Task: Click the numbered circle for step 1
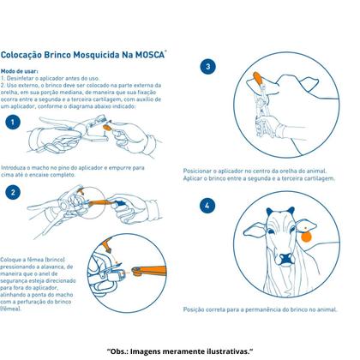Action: click(13, 123)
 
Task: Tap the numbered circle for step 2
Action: click(13, 192)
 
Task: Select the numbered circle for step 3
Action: click(207, 67)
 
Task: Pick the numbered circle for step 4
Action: click(207, 205)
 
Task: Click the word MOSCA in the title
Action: click(150, 55)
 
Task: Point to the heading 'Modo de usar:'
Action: click(19, 71)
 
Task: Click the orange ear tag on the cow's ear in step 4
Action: click(306, 236)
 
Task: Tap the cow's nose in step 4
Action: click(286, 259)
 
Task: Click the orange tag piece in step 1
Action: click(108, 127)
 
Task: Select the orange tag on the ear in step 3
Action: click(258, 78)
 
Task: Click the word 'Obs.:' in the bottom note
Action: click(118, 351)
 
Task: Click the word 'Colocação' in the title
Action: click(21, 55)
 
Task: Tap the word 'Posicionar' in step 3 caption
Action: click(198, 171)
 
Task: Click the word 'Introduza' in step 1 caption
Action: click(13, 168)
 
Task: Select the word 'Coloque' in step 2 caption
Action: click(10, 260)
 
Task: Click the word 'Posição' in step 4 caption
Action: click(194, 309)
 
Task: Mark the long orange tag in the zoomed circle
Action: click(148, 270)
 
